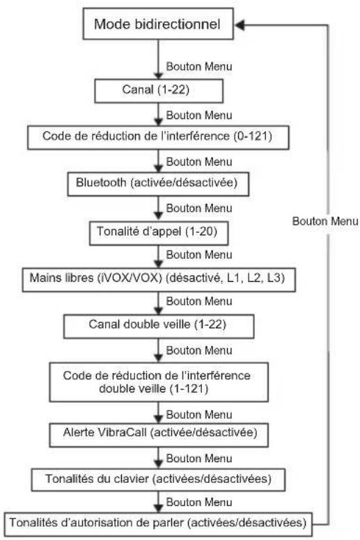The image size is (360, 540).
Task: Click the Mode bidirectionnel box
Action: pos(158,24)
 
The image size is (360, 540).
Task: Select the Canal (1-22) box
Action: pos(159,90)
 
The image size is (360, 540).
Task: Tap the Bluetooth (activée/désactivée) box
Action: pos(158,184)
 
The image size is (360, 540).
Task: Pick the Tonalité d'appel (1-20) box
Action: pos(159,233)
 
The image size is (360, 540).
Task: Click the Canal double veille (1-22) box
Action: pos(159,326)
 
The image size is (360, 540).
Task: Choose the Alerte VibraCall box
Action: pos(159,435)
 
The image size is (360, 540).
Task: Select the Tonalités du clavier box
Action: pos(158,479)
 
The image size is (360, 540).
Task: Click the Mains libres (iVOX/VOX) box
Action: pos(159,279)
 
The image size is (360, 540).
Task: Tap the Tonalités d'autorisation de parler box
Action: pos(158,524)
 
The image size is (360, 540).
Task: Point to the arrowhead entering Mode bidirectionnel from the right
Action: pos(240,25)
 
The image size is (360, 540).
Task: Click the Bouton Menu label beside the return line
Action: pos(325,221)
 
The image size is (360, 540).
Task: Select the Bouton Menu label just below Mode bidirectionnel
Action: pos(199,67)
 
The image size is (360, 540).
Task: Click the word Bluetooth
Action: pos(101,182)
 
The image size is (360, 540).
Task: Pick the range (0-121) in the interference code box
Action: pos(253,136)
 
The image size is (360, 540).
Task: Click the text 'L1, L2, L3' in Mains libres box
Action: pos(256,278)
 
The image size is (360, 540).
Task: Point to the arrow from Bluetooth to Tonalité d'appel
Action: pos(158,207)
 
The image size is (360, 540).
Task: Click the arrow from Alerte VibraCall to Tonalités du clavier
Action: pos(158,457)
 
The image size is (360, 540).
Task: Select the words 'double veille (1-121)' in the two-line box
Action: pos(154,389)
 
